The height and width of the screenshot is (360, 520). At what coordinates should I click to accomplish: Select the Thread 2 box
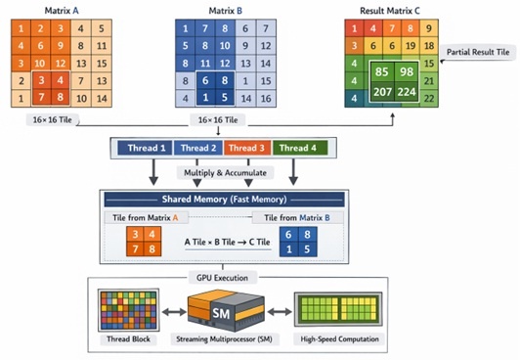pyautogui.click(x=198, y=148)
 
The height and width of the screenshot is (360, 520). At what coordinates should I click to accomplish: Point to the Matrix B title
pyautogui.click(x=220, y=10)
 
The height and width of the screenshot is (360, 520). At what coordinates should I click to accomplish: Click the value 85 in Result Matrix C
pyautogui.click(x=384, y=73)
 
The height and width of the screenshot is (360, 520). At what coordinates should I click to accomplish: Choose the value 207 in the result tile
pyautogui.click(x=384, y=93)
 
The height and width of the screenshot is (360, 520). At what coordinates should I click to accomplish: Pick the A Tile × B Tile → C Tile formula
pyautogui.click(x=222, y=241)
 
